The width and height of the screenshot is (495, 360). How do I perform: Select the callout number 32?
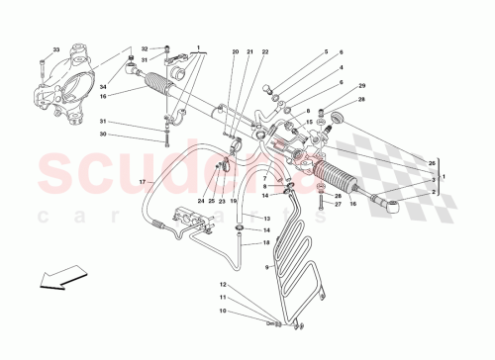coord(144,48)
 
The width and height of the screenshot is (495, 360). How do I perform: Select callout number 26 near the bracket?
coord(431,163)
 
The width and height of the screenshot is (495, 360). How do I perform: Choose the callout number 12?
coord(224,285)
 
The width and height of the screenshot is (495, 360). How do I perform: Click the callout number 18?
coord(265,241)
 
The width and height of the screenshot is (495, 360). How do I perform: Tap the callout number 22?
coord(267,51)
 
